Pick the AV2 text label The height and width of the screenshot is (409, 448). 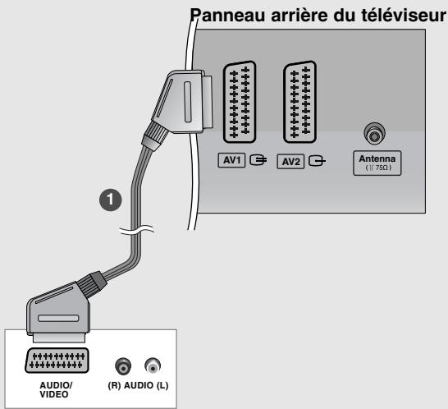(x=289, y=160)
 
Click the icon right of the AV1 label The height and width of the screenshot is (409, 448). (x=254, y=159)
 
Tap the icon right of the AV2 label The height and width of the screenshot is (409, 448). (x=313, y=160)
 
